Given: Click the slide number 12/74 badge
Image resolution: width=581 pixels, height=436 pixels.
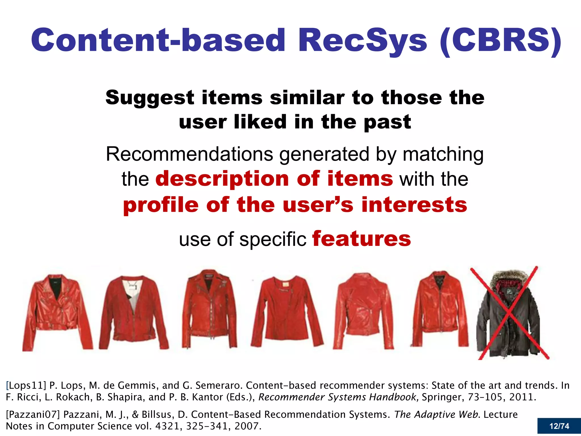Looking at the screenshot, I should (x=559, y=426).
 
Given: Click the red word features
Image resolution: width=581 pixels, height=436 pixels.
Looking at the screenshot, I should (x=361, y=239).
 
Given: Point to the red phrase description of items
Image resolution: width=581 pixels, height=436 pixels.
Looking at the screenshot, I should (x=274, y=179).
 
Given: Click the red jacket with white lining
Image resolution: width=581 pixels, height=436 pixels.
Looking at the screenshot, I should (x=133, y=312).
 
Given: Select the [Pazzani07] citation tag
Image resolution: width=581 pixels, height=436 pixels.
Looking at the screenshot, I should (x=33, y=414).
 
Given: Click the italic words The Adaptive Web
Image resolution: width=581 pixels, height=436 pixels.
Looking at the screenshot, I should (x=437, y=414).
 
